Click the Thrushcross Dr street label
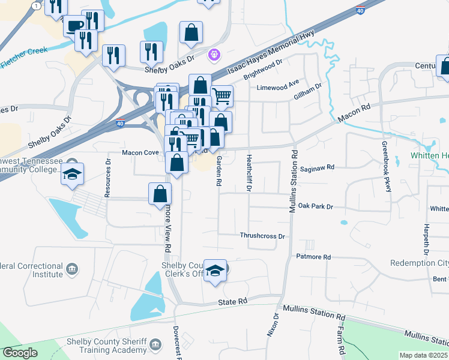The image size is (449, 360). pyautogui.click(x=262, y=236)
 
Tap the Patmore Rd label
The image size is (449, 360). pyautogui.click(x=313, y=257)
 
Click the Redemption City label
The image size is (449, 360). pyautogui.click(x=418, y=263)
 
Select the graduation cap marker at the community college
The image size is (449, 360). pyautogui.click(x=72, y=173)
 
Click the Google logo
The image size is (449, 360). pyautogui.click(x=20, y=353)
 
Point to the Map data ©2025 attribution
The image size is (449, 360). pyautogui.click(x=423, y=355)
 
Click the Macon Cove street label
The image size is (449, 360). pyautogui.click(x=140, y=153)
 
